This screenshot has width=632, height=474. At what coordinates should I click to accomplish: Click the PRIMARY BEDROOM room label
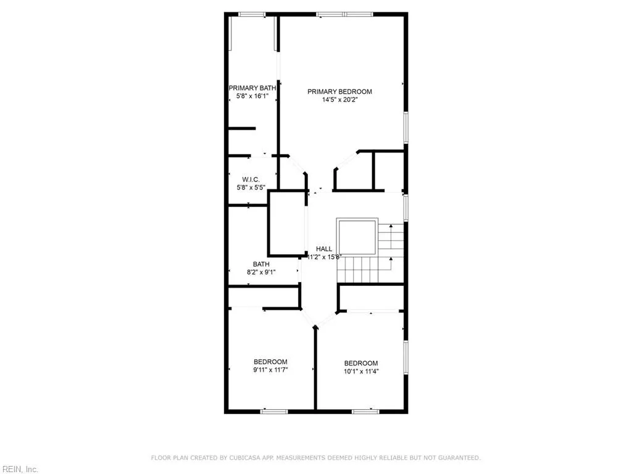(339, 91)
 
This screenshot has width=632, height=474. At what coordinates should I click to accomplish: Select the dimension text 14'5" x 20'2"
(339, 99)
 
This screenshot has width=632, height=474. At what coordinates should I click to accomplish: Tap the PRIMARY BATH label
(252, 88)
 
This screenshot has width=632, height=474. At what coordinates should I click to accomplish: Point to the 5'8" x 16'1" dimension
(252, 96)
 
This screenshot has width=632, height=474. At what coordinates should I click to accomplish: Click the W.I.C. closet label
(251, 180)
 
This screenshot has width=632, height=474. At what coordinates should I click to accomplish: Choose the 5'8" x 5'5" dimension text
(251, 188)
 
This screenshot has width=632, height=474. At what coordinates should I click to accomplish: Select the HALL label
(324, 249)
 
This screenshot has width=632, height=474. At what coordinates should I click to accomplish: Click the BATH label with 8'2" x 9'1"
(261, 264)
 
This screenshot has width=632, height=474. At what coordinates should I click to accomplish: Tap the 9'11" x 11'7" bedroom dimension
(270, 370)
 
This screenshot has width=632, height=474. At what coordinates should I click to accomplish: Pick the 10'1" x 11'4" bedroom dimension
(361, 371)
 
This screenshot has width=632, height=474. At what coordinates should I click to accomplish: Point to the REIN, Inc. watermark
(19, 470)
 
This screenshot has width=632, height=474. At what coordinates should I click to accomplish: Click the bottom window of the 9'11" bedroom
(274, 411)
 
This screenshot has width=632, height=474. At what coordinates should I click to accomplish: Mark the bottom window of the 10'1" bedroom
(365, 411)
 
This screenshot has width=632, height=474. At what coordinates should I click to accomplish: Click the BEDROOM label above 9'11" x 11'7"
(270, 362)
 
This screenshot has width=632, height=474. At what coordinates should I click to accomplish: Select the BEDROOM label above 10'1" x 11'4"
(361, 363)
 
